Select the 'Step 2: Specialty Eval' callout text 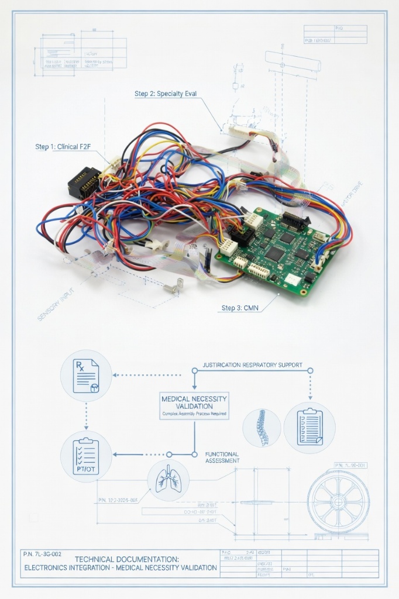(166, 94)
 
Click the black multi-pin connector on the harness (83, 181)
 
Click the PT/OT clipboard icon (86, 455)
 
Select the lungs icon (168, 480)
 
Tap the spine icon (262, 428)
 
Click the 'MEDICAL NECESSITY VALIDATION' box (194, 405)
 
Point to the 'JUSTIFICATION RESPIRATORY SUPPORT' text (252, 365)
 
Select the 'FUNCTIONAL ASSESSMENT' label (222, 457)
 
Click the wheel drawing (339, 501)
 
